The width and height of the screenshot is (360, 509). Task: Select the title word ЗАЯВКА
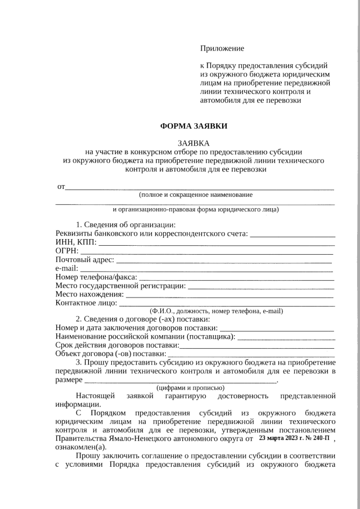click(x=194, y=143)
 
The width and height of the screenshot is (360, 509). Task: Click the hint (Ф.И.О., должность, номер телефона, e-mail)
click(x=215, y=310)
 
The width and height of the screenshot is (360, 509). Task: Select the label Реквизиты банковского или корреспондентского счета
click(x=152, y=233)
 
